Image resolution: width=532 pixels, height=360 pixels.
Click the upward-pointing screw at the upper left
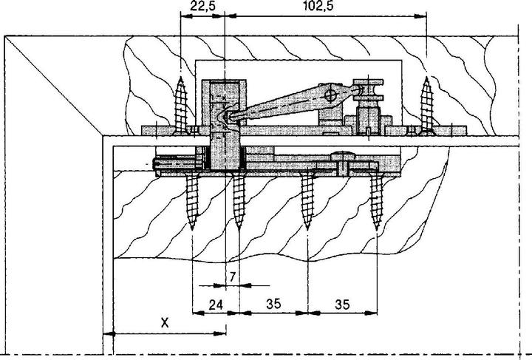pos(180,103)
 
